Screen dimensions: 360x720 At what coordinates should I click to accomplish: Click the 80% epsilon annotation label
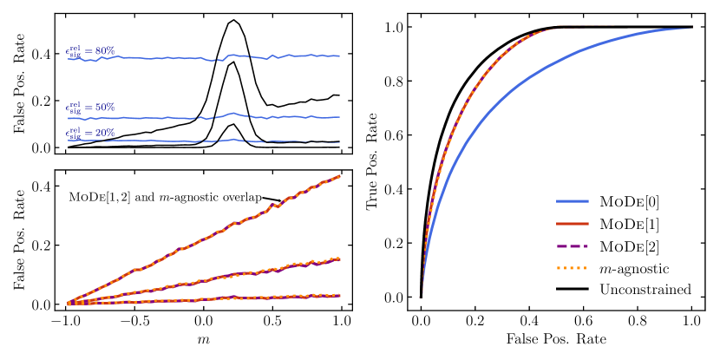pos(90,51)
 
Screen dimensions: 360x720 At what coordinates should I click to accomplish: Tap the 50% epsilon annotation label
pos(90,108)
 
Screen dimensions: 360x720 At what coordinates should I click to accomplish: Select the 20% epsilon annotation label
pos(90,134)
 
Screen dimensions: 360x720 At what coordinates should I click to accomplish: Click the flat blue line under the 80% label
pos(173,58)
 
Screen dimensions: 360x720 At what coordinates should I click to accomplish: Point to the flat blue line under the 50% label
pos(173,117)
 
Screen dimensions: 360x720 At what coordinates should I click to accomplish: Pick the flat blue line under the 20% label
pos(173,141)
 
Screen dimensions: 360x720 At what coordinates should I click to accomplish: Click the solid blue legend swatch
pos(572,201)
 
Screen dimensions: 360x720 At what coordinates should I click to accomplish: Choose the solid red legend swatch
pos(572,224)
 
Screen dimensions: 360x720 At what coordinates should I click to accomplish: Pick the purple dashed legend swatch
pos(572,246)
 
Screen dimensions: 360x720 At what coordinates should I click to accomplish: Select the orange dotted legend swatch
pos(572,268)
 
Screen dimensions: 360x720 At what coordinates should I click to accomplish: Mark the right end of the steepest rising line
pos(339,176)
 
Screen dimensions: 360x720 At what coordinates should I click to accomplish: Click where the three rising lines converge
pos(69,304)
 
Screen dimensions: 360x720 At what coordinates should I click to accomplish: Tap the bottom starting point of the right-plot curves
pos(422,295)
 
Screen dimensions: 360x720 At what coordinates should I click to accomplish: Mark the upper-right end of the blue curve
pos(690,29)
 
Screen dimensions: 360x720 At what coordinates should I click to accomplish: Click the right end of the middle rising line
pos(339,259)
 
